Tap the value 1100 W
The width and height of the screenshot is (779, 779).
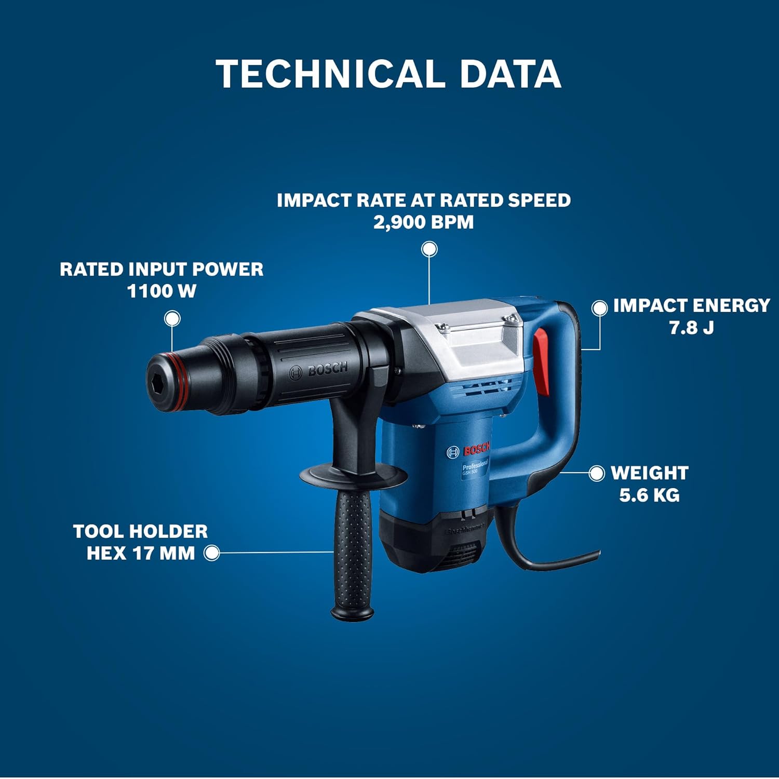162,291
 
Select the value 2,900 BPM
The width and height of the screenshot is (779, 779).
424,222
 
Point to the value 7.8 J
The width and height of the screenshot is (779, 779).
691,327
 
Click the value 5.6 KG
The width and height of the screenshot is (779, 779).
649,495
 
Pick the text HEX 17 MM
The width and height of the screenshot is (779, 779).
141,553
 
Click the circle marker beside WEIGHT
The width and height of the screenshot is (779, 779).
597,473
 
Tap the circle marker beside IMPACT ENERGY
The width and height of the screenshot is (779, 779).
600,308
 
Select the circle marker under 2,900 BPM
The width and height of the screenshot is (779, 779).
429,249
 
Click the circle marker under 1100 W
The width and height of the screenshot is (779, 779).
172,318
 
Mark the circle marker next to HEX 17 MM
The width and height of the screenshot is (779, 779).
211,553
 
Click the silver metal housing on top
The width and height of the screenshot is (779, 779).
457,338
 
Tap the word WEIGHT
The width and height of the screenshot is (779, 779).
650,473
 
